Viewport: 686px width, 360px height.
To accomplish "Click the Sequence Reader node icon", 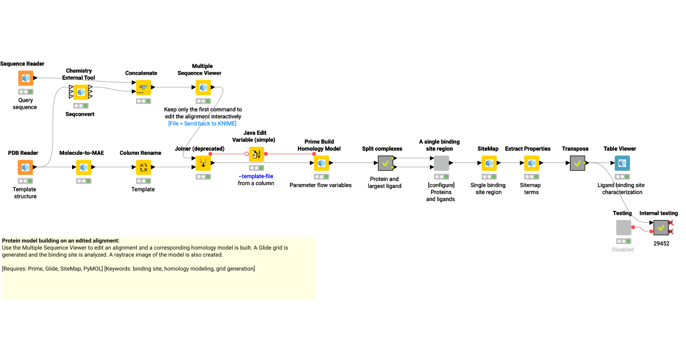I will pos(25,78).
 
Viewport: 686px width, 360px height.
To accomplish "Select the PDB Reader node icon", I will pos(25,167).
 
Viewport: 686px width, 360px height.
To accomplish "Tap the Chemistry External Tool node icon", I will pos(81,91).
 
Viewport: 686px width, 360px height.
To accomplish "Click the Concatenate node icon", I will pos(143,87).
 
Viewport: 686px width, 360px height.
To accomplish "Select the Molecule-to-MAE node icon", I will pos(83,167).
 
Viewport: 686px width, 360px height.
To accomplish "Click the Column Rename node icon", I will pos(143,167).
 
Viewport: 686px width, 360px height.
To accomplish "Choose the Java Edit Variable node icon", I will pos(257,154).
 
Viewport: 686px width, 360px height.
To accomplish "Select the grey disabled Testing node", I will pos(624,228).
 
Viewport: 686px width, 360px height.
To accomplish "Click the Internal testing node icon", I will pos(661,228).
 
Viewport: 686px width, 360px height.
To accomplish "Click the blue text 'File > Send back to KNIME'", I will pos(202,123).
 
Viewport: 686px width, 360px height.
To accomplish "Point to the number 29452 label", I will pos(661,243).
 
